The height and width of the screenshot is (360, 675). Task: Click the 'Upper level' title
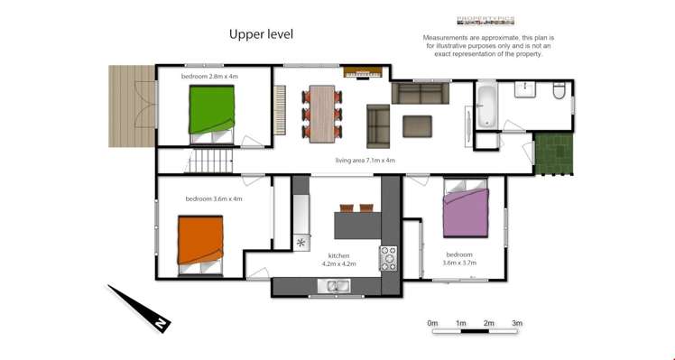point(261,34)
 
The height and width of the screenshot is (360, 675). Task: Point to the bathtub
point(485,104)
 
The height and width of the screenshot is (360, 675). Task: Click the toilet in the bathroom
point(559,90)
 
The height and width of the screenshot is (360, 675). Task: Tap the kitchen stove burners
point(389,259)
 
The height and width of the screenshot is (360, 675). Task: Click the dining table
point(322,113)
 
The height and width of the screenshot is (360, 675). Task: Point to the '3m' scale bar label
point(517,322)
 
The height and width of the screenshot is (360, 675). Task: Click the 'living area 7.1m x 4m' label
point(365,161)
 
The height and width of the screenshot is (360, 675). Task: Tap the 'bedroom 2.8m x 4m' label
point(209,77)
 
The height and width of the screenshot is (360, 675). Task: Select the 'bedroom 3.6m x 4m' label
point(214,198)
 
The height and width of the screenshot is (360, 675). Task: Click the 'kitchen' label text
point(338,255)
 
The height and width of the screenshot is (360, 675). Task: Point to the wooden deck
point(125,106)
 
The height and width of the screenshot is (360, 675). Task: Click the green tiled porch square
point(552,153)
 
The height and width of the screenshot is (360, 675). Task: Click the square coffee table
point(417,125)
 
